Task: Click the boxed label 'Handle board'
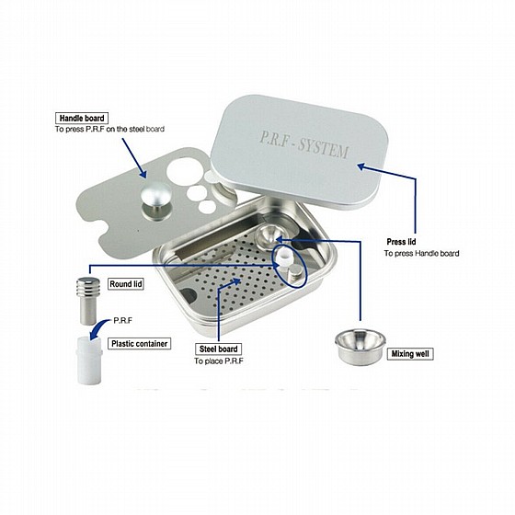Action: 82,119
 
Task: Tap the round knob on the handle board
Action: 155,195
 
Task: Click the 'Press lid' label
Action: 401,242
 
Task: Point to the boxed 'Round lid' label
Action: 126,284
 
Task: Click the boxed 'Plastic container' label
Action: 139,344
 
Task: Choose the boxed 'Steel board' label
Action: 219,349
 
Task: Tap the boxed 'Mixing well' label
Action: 410,354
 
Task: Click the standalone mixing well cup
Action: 360,347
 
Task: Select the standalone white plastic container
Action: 89,360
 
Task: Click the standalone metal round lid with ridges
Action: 88,301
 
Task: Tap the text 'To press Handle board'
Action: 422,253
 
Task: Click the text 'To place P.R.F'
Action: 219,360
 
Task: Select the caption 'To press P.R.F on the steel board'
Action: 109,129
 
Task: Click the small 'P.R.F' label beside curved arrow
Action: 122,321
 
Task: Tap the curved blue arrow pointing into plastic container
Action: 99,328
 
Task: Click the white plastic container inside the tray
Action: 283,257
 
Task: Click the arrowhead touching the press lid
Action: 361,166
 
